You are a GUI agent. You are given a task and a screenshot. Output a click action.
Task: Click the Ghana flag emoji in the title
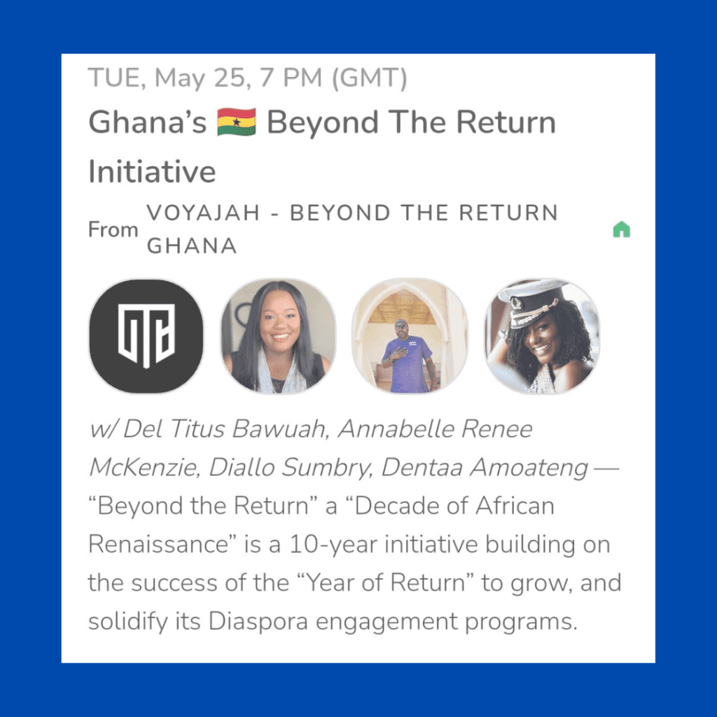pos(237,122)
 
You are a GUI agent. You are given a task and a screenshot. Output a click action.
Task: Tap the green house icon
pos(622,230)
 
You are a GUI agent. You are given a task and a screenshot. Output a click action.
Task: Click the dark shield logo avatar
pos(146,336)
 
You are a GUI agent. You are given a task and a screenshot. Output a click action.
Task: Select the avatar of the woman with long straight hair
pos(278,336)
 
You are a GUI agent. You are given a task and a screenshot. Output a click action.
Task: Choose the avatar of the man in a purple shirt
pos(410,336)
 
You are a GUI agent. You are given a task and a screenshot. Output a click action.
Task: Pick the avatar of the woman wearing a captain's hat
pos(542,336)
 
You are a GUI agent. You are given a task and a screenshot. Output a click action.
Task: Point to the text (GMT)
pos(369,78)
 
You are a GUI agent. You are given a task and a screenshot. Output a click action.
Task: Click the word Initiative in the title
pos(152,172)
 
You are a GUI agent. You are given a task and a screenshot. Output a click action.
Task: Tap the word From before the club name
pos(113,230)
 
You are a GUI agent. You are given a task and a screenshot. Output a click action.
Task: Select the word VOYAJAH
pos(204,213)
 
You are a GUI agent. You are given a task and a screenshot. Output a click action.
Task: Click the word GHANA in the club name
pos(192,246)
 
